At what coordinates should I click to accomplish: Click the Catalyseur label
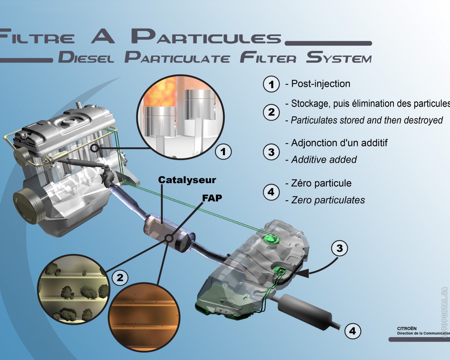point(187,180)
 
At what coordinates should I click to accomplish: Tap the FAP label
point(212,198)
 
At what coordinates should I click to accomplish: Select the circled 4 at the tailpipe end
point(353,331)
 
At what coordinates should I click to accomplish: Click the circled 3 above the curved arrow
point(339,248)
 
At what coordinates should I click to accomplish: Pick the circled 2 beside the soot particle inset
point(120,277)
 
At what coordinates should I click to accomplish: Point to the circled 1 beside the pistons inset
point(223,152)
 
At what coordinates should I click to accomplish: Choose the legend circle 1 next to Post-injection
point(271,84)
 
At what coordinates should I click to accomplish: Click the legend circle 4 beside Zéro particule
point(271,192)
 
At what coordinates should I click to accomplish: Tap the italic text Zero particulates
point(328,200)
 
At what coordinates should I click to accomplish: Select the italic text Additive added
point(324,160)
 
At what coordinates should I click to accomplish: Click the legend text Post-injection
point(321,84)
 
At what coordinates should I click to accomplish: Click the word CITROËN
point(407,329)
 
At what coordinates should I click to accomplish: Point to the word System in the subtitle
point(339,57)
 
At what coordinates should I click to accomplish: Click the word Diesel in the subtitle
point(86,57)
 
